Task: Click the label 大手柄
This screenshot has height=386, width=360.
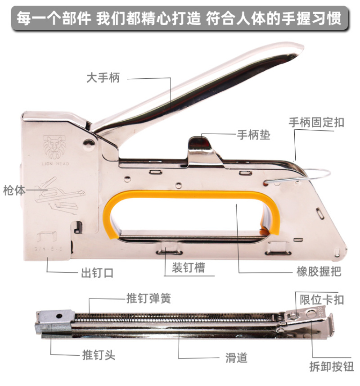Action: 103,78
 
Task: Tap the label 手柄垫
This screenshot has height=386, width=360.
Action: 253,135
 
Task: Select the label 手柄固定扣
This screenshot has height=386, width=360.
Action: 316,123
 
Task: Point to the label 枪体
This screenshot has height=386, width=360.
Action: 14,190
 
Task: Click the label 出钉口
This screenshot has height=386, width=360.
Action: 97,273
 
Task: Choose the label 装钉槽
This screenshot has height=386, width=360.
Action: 189,268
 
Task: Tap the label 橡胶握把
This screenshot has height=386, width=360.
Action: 319,272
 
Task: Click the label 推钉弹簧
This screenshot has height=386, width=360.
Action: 149,298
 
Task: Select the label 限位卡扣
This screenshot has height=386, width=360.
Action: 322,300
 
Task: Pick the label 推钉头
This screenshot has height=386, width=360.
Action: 99,355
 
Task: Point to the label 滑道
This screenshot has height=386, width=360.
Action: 236,358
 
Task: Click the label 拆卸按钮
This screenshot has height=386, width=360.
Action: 332,366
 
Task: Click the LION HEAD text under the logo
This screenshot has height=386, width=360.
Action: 55,163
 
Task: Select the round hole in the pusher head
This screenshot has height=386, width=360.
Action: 58,316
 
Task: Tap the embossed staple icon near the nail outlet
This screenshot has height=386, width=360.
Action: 47,236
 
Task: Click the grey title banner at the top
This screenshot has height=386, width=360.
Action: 180,18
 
